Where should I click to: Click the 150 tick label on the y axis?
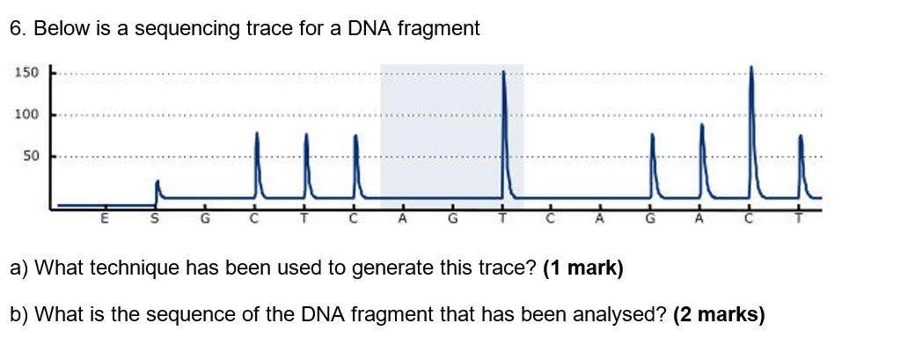pos(26,72)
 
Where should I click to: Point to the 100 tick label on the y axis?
pos(26,114)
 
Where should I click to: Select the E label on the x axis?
pos(105,220)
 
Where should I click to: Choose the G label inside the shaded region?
pos(453,220)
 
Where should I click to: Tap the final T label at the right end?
pos(800,220)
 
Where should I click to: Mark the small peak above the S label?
pos(157,183)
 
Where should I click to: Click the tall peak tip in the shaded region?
pos(503,72)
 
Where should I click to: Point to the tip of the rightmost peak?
pos(800,136)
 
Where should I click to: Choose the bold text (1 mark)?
pos(583,268)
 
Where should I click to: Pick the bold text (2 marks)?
pos(719,314)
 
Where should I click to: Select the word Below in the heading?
pos(60,29)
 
